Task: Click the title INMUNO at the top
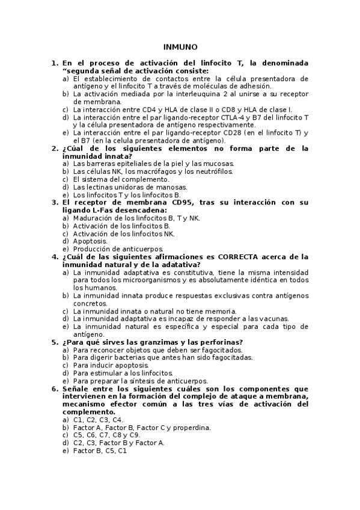tap(180, 47)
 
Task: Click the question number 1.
tap(54, 63)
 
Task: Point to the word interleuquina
tap(183, 94)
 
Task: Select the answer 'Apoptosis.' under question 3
tap(90, 241)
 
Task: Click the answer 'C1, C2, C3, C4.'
tap(98, 420)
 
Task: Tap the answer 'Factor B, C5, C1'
tap(100, 451)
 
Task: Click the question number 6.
tap(54, 389)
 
